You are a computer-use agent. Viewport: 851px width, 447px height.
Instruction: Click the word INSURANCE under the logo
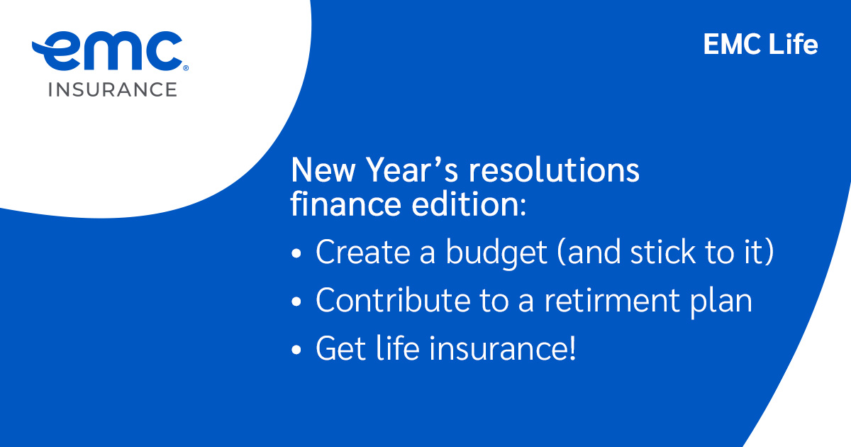click(x=112, y=89)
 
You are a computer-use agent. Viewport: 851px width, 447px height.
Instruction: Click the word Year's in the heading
click(x=403, y=171)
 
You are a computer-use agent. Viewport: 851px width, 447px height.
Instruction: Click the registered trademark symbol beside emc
click(x=186, y=70)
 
